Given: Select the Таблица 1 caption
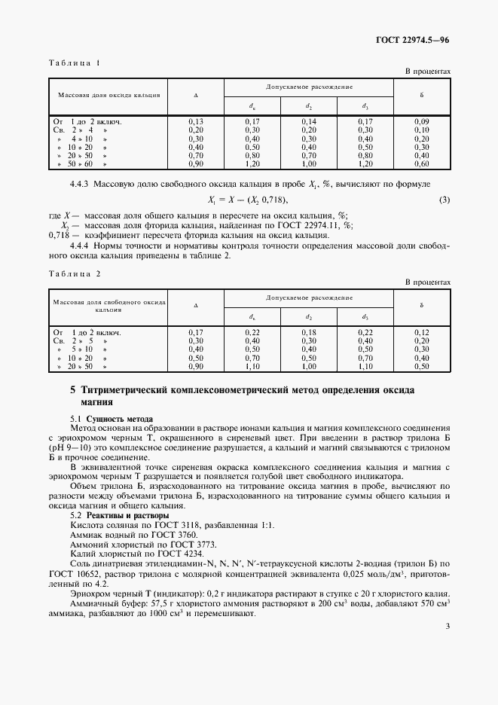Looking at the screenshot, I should click(x=74, y=63).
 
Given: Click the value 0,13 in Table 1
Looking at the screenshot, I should click(x=195, y=121).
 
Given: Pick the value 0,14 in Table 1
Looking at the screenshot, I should click(x=309, y=121).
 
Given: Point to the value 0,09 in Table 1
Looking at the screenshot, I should click(x=422, y=121).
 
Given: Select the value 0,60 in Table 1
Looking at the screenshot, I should click(x=422, y=163).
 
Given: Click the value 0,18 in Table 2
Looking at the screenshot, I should click(x=309, y=332).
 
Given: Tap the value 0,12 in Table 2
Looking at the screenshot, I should click(x=422, y=332).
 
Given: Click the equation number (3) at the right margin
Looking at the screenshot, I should click(x=445, y=200).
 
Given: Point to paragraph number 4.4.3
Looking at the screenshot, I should click(x=81, y=185).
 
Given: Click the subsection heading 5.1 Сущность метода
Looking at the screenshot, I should click(x=112, y=418).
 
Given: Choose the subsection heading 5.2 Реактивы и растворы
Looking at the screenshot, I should click(x=119, y=515).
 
